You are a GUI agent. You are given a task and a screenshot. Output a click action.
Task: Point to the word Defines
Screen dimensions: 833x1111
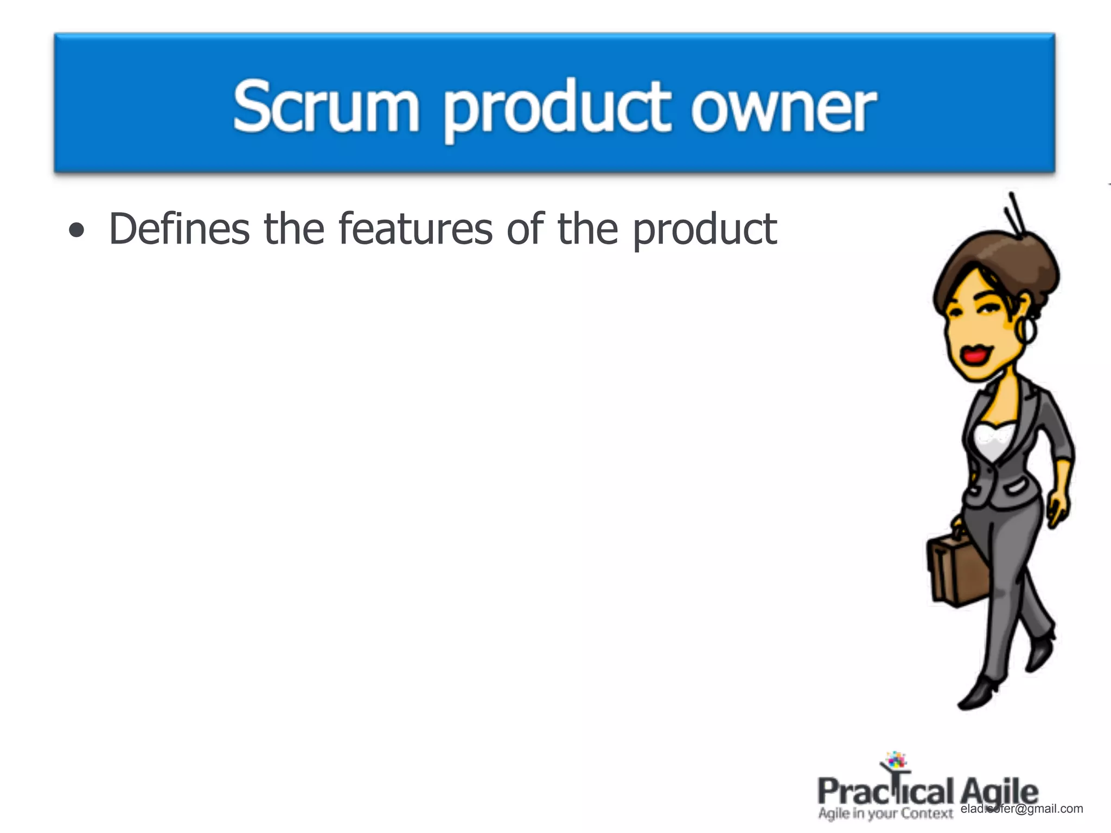179,229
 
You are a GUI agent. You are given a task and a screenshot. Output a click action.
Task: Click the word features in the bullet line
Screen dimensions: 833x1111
415,229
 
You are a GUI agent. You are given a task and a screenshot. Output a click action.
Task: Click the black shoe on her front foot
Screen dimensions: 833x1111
980,694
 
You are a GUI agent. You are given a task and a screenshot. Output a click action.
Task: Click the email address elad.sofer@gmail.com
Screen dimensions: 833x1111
1021,809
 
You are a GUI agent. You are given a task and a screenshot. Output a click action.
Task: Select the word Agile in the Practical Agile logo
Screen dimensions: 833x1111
999,792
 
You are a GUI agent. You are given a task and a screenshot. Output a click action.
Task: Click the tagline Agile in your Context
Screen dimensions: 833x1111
885,813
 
